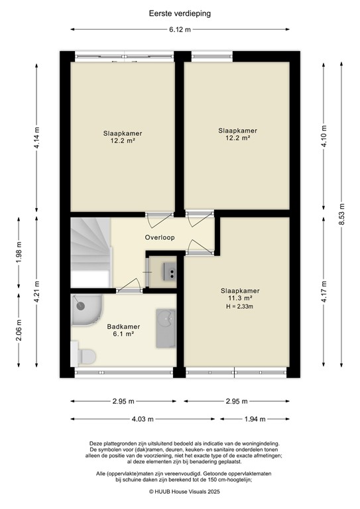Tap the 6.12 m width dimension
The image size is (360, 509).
pyautogui.click(x=179, y=30)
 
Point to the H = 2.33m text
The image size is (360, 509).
pyautogui.click(x=240, y=307)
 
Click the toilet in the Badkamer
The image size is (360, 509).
pyautogui.click(x=84, y=356)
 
